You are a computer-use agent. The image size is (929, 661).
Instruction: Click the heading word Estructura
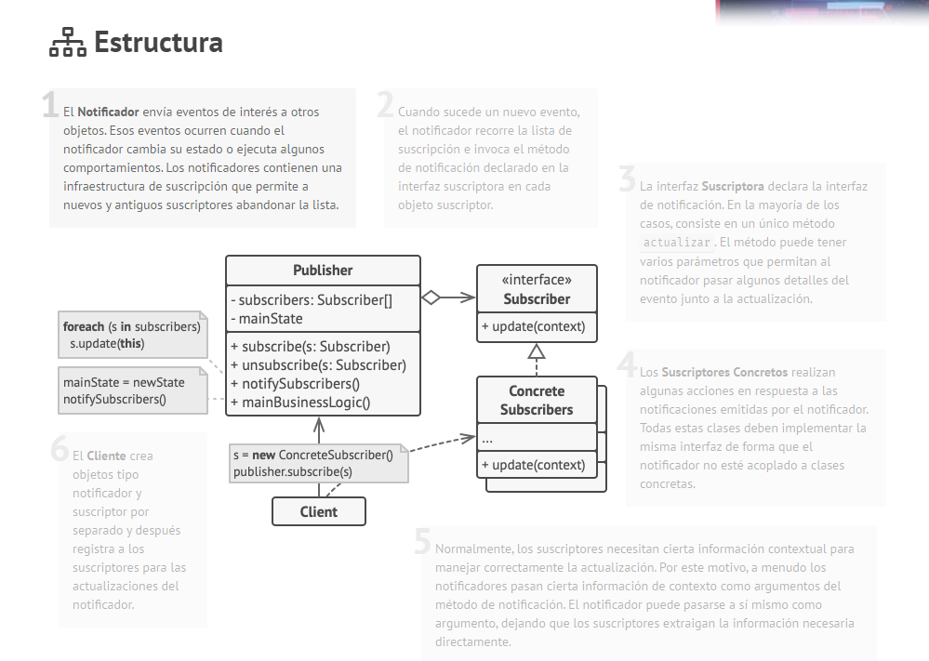pyautogui.click(x=158, y=43)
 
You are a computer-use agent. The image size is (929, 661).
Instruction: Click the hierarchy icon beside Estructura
pyautogui.click(x=67, y=43)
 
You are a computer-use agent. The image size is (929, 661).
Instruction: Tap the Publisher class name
pyautogui.click(x=323, y=271)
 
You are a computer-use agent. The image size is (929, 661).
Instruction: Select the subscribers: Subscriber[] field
pyautogui.click(x=311, y=300)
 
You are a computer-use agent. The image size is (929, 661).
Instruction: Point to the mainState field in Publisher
pyautogui.click(x=267, y=319)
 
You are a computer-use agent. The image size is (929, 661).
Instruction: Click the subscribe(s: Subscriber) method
pyautogui.click(x=310, y=347)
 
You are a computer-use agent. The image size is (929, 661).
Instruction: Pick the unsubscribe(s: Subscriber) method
pyautogui.click(x=317, y=365)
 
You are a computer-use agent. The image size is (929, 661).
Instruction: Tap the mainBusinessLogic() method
pyautogui.click(x=300, y=403)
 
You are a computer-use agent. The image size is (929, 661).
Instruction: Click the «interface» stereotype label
pyautogui.click(x=537, y=280)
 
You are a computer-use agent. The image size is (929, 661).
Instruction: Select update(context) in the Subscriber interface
pyautogui.click(x=533, y=326)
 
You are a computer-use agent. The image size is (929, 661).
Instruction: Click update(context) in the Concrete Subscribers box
pyautogui.click(x=533, y=465)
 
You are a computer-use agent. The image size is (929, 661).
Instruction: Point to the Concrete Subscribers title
pyautogui.click(x=537, y=401)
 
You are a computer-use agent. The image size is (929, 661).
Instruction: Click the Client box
pyautogui.click(x=318, y=511)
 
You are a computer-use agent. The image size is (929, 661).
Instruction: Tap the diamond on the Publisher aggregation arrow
pyautogui.click(x=431, y=297)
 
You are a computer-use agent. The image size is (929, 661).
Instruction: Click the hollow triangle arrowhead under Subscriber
pyautogui.click(x=536, y=351)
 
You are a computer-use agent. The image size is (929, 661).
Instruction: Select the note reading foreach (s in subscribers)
pyautogui.click(x=131, y=335)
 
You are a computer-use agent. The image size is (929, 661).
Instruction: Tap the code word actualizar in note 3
pyautogui.click(x=678, y=243)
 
